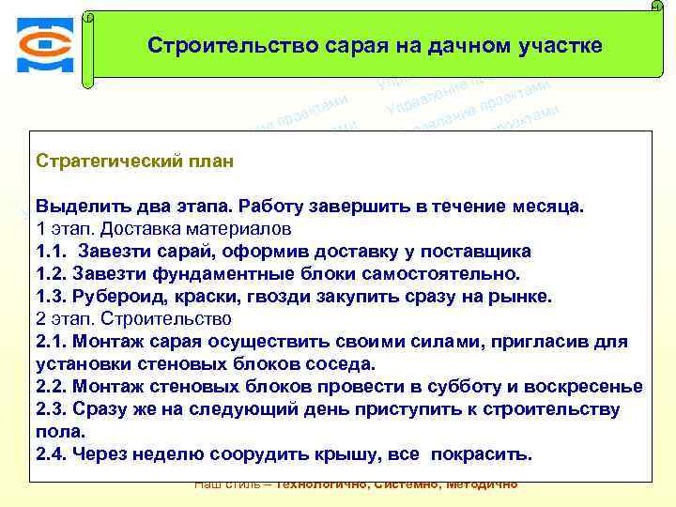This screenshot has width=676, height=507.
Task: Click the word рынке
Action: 520,296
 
